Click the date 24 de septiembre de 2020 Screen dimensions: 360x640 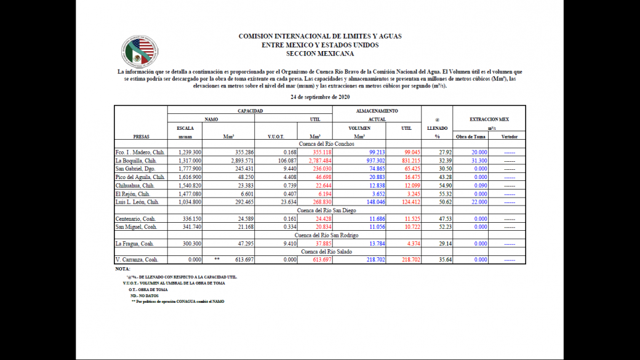(319, 97)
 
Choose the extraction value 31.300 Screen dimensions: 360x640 (478, 160)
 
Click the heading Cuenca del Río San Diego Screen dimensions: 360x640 (319, 210)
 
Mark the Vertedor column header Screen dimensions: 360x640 (509, 137)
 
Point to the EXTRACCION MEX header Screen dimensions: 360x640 (489, 119)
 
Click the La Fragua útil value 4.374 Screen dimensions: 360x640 (410, 244)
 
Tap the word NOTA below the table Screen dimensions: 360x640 (122, 269)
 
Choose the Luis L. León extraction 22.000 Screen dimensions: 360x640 (478, 202)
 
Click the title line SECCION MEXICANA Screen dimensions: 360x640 (319, 54)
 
